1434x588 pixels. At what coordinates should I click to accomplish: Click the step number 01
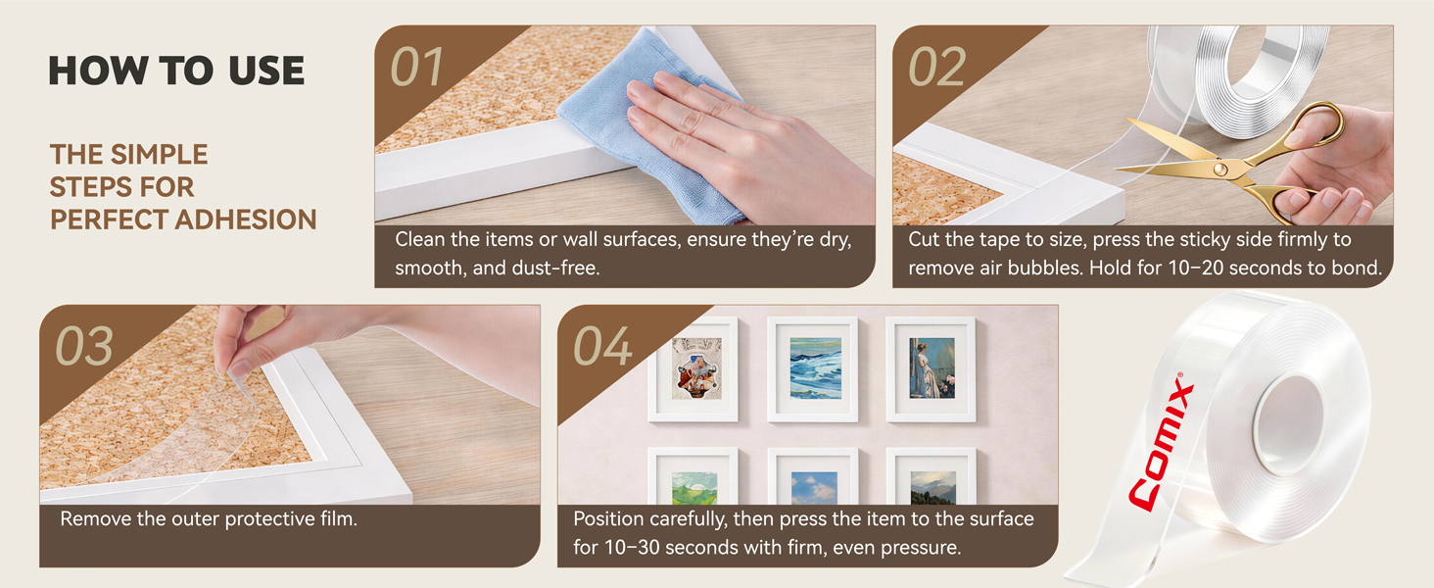[416, 67]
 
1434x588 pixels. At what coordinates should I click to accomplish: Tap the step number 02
[936, 67]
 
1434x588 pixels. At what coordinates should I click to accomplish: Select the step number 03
[84, 347]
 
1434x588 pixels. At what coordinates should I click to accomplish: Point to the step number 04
[602, 347]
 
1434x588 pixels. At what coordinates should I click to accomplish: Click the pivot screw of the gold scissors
[1220, 170]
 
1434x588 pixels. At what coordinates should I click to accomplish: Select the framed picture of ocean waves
[813, 369]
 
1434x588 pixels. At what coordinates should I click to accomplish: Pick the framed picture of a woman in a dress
[932, 369]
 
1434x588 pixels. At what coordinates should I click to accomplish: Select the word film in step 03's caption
[339, 518]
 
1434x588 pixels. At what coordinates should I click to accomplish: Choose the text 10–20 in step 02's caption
[1196, 268]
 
